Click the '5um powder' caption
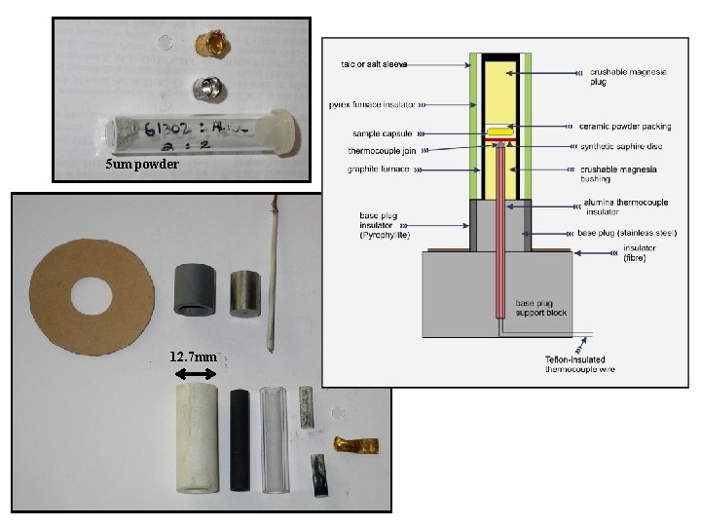coord(142,165)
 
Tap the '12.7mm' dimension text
coord(192,357)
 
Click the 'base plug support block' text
coord(541,308)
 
